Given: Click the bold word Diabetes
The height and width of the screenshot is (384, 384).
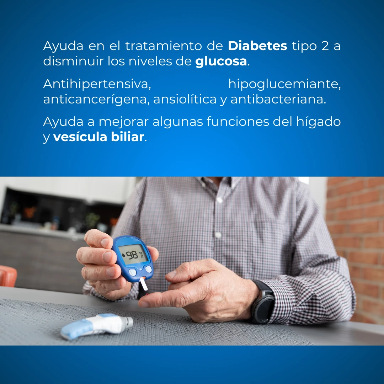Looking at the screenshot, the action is (x=257, y=46).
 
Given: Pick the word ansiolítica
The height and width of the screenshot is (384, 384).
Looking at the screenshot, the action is (x=185, y=99).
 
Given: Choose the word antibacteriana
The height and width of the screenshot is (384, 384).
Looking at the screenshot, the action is (x=278, y=99).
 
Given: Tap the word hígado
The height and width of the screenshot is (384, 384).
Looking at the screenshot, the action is (x=319, y=122).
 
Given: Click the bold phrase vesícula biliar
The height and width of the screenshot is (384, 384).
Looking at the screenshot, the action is (x=98, y=137).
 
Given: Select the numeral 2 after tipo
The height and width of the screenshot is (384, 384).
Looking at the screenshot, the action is (x=325, y=46).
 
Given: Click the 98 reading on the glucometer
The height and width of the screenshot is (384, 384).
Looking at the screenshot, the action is (x=132, y=255).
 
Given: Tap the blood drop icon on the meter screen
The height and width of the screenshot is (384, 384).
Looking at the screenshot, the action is (x=123, y=255).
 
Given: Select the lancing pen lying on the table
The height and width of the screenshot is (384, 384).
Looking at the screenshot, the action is (x=97, y=326).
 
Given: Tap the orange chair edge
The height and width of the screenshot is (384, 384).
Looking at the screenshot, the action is (x=8, y=276).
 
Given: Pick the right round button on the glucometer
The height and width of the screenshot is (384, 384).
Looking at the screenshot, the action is (x=148, y=269).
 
